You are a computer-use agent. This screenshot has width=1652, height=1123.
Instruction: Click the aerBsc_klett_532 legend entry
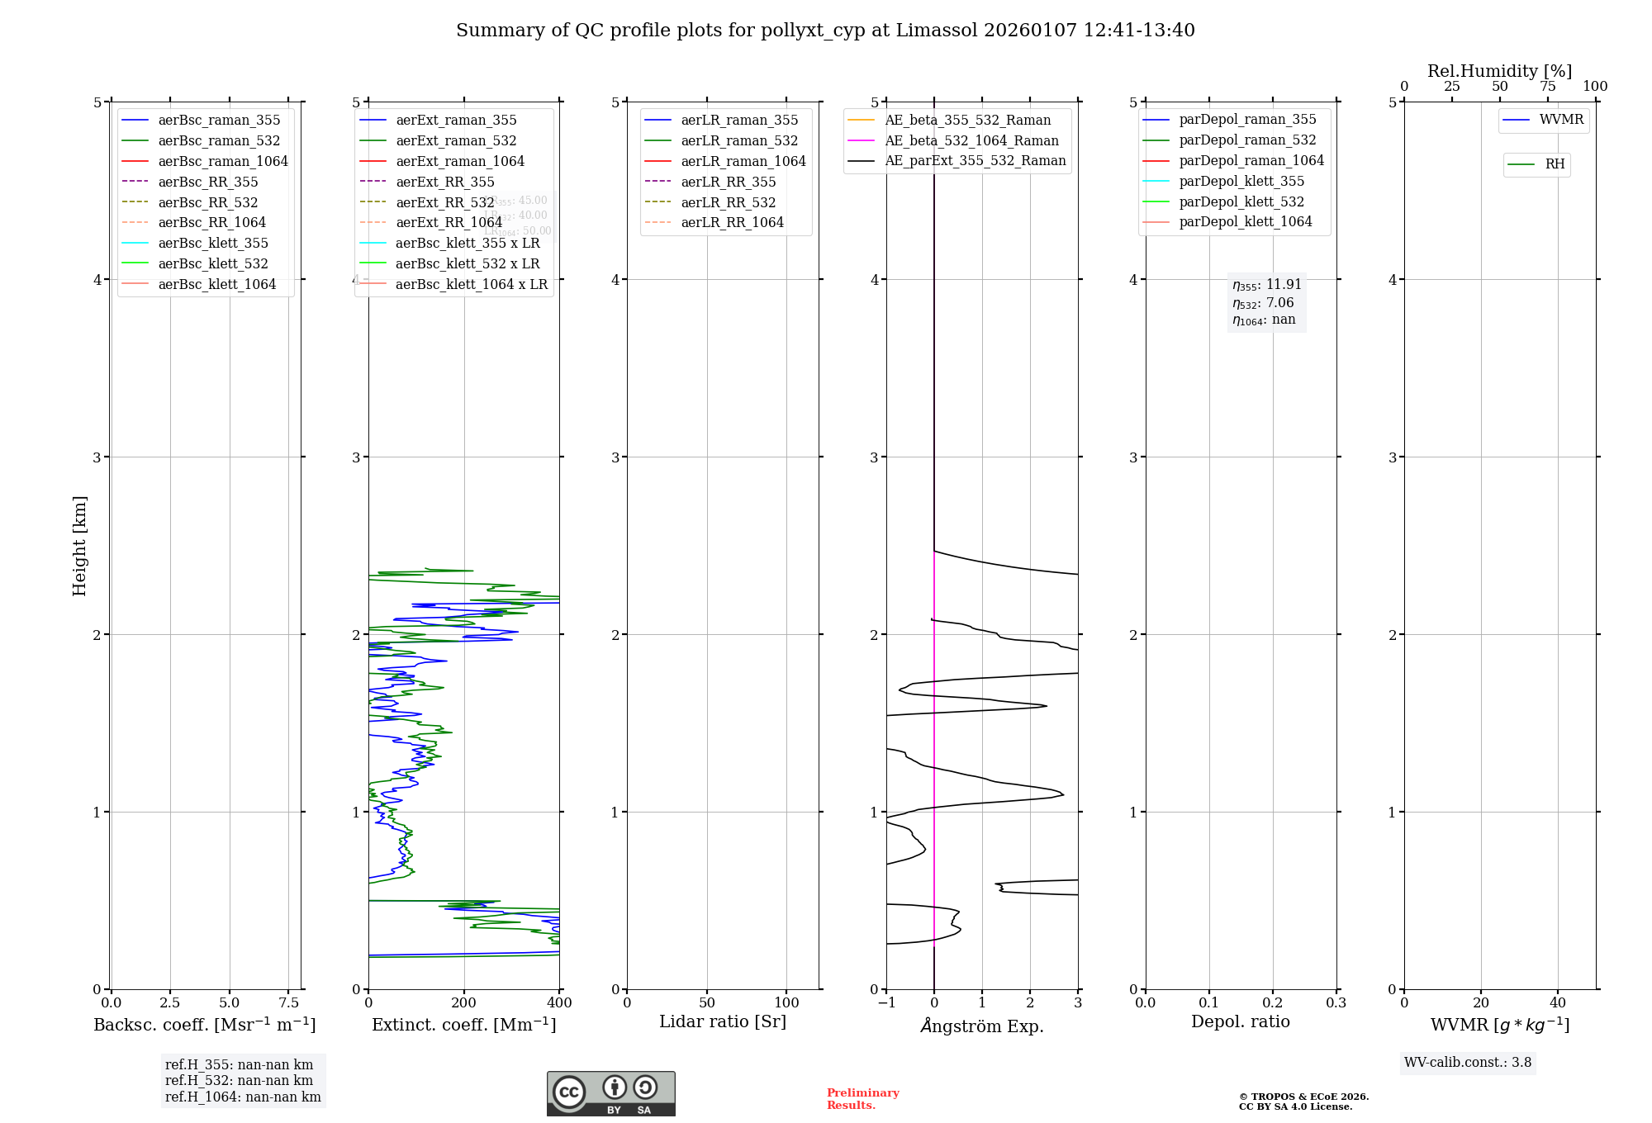tap(212, 263)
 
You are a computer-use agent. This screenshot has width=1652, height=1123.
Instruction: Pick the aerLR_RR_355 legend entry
tap(728, 182)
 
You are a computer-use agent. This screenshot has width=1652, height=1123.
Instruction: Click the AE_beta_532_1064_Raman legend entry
tap(971, 140)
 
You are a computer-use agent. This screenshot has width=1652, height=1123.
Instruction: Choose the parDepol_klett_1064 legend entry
tap(1245, 221)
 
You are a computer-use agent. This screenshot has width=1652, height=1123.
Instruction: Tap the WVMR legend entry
tap(1561, 120)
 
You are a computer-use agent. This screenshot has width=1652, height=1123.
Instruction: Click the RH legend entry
tap(1555, 164)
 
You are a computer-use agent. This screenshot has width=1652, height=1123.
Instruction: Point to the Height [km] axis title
tap(79, 546)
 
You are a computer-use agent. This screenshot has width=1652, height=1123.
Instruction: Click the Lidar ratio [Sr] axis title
tap(723, 1021)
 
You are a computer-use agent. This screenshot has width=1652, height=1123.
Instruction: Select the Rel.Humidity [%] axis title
tap(1499, 71)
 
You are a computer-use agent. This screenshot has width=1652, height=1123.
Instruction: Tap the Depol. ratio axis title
tap(1240, 1021)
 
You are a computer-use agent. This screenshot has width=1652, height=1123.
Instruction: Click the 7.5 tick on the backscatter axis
tap(288, 1003)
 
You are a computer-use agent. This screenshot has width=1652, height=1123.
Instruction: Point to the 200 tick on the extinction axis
tap(464, 1003)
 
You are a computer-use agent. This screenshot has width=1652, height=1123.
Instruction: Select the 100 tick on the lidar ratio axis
tap(786, 1003)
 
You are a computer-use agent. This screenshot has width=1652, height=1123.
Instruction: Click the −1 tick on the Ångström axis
tap(886, 1003)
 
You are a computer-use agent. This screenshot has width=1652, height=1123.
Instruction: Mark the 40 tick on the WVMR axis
tap(1558, 1003)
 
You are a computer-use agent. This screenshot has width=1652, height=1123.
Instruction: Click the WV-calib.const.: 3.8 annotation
tap(1467, 1063)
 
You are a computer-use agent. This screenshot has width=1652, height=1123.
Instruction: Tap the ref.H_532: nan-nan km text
tap(239, 1081)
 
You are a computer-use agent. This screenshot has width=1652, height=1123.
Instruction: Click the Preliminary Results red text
tap(862, 1099)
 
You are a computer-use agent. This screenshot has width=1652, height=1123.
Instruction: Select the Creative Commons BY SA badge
tap(610, 1094)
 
